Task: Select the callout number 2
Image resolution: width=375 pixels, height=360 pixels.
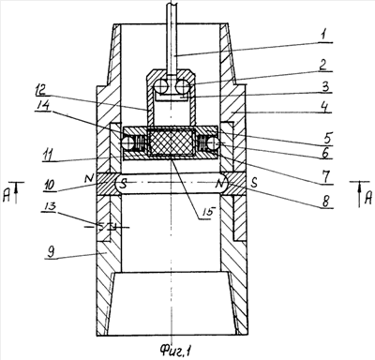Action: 323,65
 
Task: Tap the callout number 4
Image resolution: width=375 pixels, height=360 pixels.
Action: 325,107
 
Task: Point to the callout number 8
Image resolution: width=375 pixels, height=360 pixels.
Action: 325,202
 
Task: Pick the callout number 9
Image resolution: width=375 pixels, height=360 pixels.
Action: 52,252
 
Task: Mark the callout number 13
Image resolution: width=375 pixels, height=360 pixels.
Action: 49,206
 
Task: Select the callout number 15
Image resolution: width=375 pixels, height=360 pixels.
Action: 206,212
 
